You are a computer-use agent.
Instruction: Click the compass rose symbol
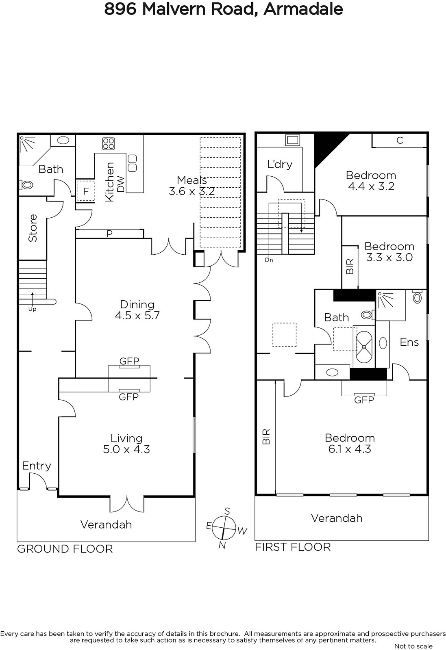224,529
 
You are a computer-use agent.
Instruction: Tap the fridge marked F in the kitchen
86,191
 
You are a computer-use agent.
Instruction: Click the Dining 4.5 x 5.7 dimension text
137,315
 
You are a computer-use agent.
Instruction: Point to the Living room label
126,438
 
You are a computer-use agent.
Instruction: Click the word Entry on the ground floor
37,466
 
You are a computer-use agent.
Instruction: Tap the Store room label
33,228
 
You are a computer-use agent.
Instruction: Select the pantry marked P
109,234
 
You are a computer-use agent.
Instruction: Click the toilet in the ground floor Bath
26,184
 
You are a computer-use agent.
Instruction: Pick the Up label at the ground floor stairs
32,309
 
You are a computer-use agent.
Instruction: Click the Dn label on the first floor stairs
269,260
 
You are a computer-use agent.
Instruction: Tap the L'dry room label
280,165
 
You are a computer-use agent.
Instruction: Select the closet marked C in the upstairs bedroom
400,141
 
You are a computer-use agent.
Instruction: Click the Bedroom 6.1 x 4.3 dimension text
350,449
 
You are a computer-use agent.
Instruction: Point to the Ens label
409,342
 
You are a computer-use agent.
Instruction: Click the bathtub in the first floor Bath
364,347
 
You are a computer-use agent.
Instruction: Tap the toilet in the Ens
417,296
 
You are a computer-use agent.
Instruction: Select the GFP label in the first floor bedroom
364,400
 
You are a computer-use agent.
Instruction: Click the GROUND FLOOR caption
65,549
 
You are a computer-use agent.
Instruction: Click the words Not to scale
413,646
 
